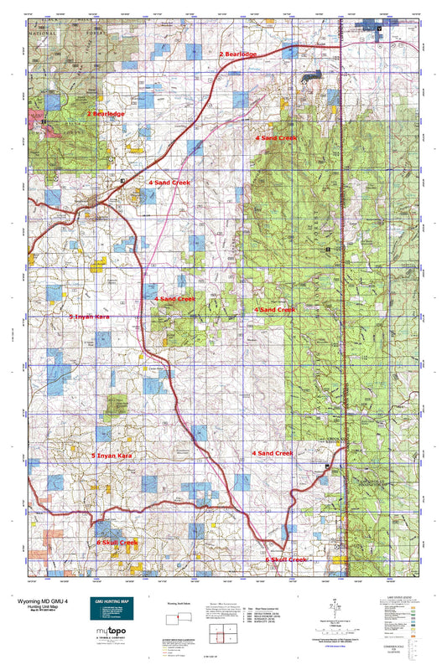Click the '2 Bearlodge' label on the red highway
238,54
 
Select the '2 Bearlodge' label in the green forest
106,113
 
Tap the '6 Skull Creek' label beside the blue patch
117,543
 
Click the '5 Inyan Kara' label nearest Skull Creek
112,456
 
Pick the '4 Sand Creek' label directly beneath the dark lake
276,137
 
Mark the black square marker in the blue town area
379,28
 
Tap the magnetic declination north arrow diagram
335,605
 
